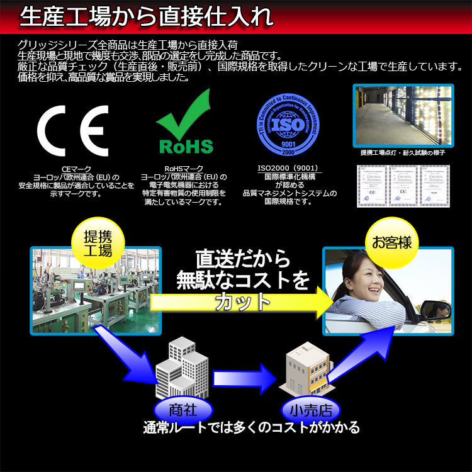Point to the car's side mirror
click(x=434, y=309)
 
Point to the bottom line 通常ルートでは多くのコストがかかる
click(x=251, y=428)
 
